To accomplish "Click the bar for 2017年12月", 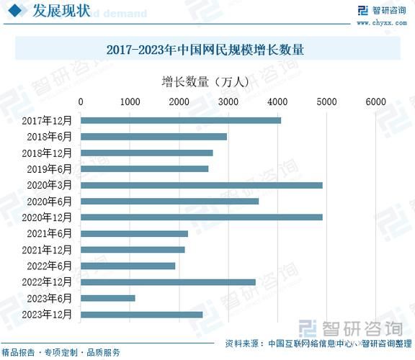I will pyautogui.click(x=181, y=120).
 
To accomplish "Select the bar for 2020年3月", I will pyautogui.click(x=202, y=185).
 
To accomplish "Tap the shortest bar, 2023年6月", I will pyautogui.click(x=108, y=298).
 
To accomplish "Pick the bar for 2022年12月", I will pyautogui.click(x=168, y=282).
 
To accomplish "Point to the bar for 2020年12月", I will pyautogui.click(x=202, y=217).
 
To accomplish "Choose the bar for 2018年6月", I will pyautogui.click(x=153, y=136).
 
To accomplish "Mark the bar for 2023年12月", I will pyautogui.click(x=141, y=314).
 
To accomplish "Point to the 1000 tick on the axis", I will pyautogui.click(x=130, y=102).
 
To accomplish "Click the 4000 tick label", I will pyautogui.click(x=277, y=102).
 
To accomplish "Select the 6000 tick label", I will pyautogui.click(x=375, y=102).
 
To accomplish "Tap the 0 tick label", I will pyautogui.click(x=81, y=102).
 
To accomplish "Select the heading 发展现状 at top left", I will pyautogui.click(x=62, y=12).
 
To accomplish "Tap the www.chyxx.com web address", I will pyautogui.click(x=379, y=22).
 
